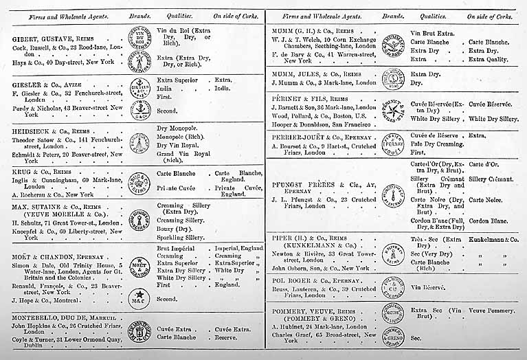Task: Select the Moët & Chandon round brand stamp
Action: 140,264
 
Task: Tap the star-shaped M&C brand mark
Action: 140,297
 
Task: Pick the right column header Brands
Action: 393,14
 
